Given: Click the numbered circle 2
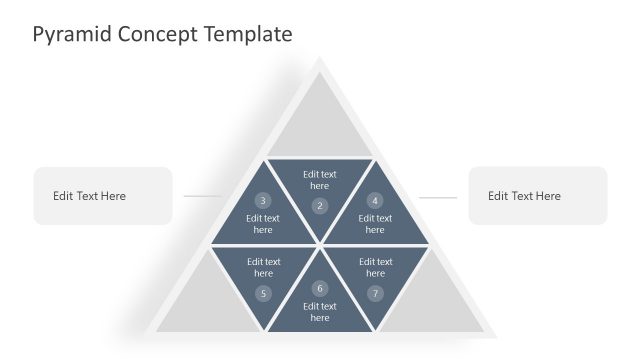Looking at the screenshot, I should coord(320,206).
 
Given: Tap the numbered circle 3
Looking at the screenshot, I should coord(263,200).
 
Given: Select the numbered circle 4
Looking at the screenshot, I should coord(375,200).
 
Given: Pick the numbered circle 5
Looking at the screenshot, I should coord(263,293).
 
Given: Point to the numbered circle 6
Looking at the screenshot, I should coord(320,288).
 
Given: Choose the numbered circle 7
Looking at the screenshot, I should coord(375,293).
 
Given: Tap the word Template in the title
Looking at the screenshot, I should coord(248,34).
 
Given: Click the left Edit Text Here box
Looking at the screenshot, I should coord(102,196).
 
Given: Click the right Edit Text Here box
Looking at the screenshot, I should coord(537,196).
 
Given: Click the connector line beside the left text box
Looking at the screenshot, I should coord(203,196).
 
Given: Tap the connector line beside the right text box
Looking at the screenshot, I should coord(437,197).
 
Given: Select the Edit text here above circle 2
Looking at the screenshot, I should coord(320,180).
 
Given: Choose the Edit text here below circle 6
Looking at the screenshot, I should coord(320,312).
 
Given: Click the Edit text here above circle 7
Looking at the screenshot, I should coord(375,267).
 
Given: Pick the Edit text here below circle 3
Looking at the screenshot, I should coord(263,224).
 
